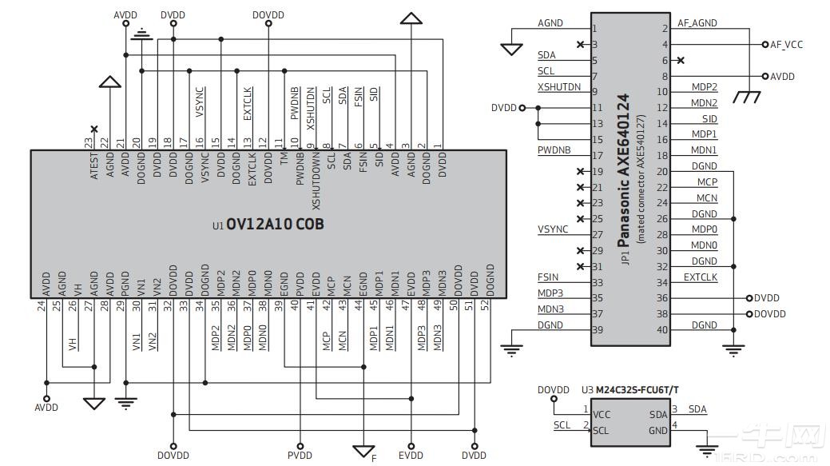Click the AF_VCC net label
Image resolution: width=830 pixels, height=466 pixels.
(786, 45)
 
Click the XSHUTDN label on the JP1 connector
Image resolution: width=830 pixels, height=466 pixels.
(559, 87)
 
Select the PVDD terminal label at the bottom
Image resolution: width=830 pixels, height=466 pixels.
(300, 456)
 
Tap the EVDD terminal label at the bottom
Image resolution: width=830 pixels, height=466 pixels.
(411, 456)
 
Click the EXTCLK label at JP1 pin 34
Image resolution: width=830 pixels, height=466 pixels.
(700, 277)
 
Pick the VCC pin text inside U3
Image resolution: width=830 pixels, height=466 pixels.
(602, 415)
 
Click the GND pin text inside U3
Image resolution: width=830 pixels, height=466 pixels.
(658, 430)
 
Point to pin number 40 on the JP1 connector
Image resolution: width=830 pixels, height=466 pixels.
(662, 330)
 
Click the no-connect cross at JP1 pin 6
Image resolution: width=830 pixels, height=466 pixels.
(681, 60)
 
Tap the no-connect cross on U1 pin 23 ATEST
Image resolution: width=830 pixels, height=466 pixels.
(94, 129)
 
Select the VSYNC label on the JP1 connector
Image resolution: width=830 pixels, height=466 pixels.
(553, 229)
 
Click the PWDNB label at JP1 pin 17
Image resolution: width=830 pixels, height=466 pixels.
(554, 150)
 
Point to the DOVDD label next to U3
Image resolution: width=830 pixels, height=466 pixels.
(553, 390)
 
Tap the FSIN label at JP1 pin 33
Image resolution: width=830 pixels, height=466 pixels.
(548, 277)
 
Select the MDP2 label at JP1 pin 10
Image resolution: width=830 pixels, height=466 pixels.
(704, 87)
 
